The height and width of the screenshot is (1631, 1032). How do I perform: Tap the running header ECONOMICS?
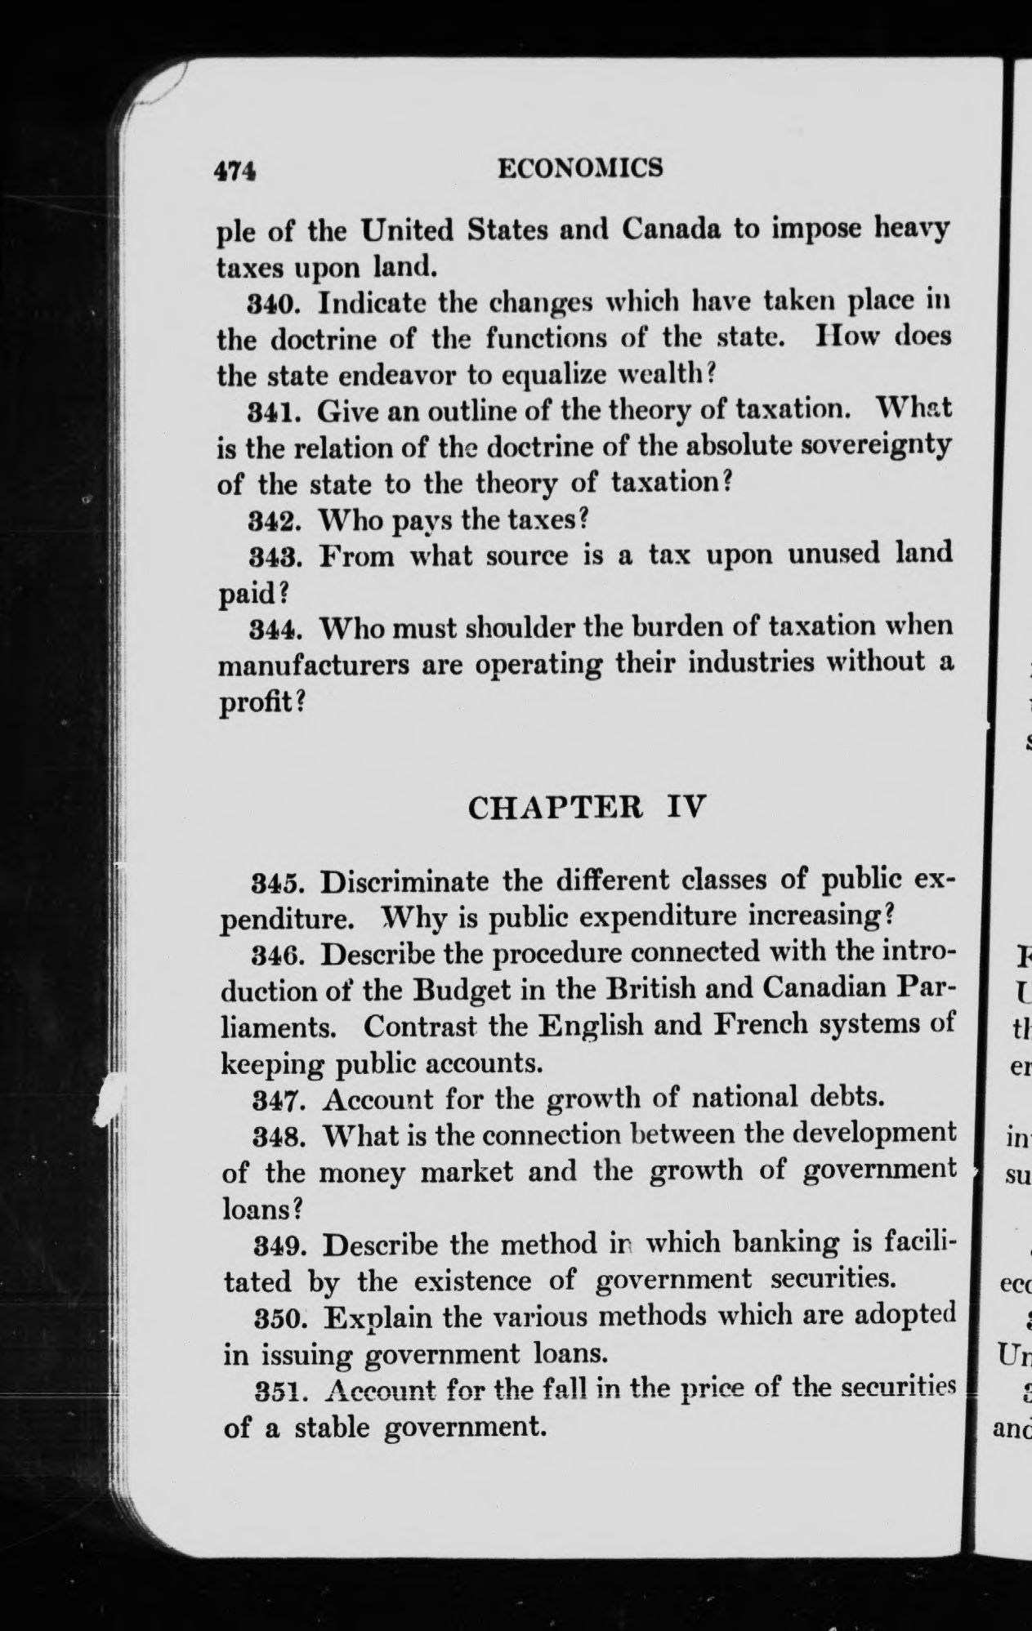pos(580,167)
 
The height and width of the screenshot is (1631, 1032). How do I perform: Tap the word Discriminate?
pos(405,882)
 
